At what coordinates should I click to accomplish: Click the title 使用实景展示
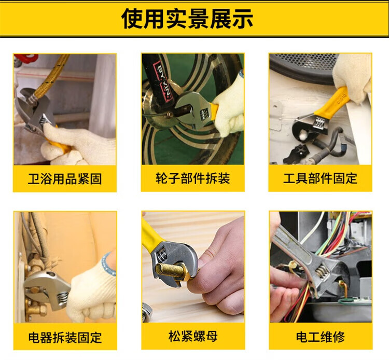tap(187, 18)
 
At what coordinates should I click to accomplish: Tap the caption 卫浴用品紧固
tap(65, 179)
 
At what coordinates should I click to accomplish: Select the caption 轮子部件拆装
tap(193, 178)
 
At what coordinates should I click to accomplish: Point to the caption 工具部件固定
tap(321, 178)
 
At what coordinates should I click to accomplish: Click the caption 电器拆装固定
tap(65, 337)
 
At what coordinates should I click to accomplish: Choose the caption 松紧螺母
tap(193, 337)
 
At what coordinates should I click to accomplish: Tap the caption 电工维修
tap(321, 337)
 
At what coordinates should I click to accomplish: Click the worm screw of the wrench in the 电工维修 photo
tap(322, 272)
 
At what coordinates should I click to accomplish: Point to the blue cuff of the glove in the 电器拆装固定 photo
tap(108, 264)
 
